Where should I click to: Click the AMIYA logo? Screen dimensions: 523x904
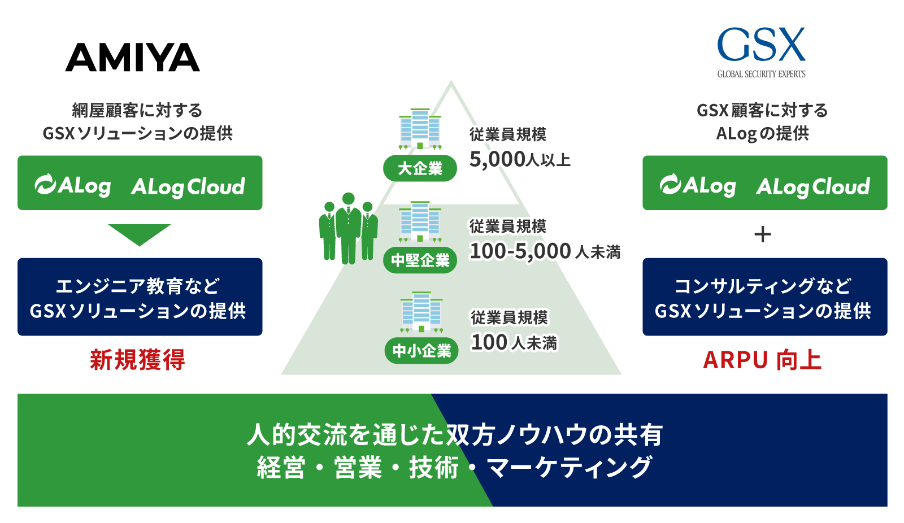pyautogui.click(x=133, y=58)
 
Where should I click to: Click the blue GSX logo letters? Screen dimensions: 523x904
pyautogui.click(x=761, y=45)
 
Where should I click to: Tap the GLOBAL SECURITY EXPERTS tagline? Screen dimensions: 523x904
pyautogui.click(x=761, y=74)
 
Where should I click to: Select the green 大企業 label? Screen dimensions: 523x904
pyautogui.click(x=420, y=168)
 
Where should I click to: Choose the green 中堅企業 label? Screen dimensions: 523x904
pyautogui.click(x=420, y=260)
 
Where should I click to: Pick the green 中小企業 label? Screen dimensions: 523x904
pyautogui.click(x=421, y=351)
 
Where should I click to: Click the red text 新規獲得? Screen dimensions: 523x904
pyautogui.click(x=137, y=360)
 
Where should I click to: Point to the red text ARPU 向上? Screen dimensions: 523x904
pyautogui.click(x=762, y=360)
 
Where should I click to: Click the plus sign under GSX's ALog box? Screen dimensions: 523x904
pyautogui.click(x=763, y=234)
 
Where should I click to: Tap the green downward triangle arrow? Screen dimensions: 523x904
pyautogui.click(x=139, y=233)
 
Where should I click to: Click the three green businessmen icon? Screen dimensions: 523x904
pyautogui.click(x=348, y=228)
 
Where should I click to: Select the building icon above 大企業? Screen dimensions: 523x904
pyautogui.click(x=420, y=129)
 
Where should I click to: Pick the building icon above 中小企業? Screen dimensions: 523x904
pyautogui.click(x=421, y=312)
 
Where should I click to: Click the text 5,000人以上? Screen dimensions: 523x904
pyautogui.click(x=520, y=160)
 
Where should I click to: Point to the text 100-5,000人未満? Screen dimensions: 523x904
pyautogui.click(x=545, y=251)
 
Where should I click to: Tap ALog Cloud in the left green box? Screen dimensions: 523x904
pyautogui.click(x=188, y=186)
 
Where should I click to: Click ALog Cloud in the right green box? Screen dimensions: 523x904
pyautogui.click(x=813, y=186)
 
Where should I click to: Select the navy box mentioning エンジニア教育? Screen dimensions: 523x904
pyautogui.click(x=140, y=297)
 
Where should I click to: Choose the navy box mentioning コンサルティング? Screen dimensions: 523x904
pyautogui.click(x=764, y=297)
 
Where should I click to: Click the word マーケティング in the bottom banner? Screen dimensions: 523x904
pyautogui.click(x=570, y=468)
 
